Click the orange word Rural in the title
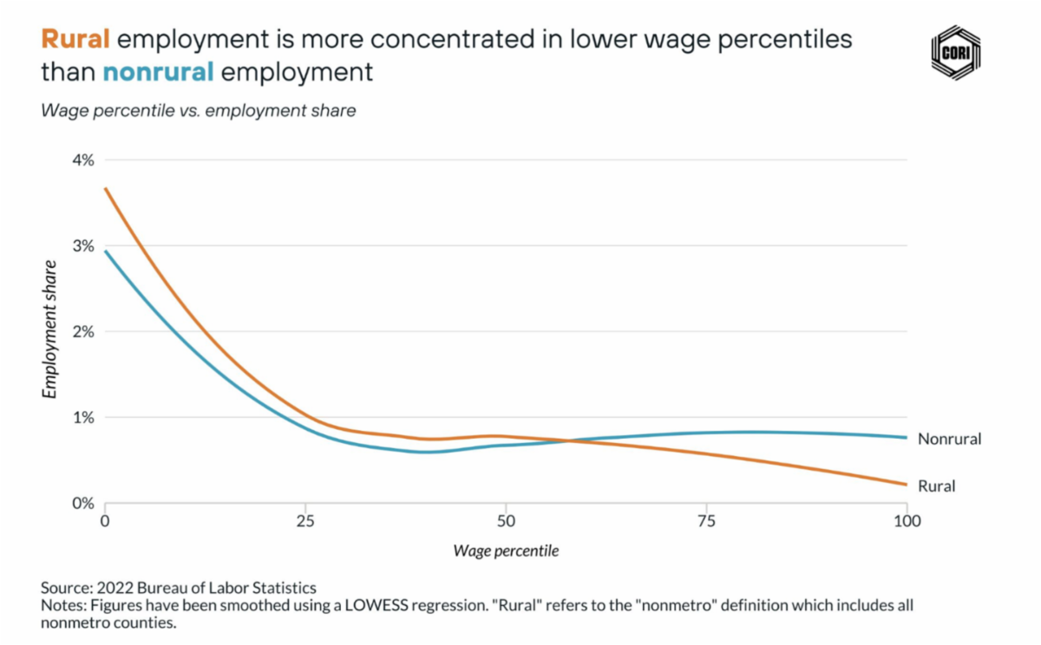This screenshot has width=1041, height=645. (x=75, y=39)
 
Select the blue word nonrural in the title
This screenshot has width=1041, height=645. (x=158, y=71)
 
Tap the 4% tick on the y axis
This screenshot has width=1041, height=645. (x=82, y=160)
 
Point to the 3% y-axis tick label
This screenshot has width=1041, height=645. (x=82, y=246)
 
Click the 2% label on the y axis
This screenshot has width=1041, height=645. (x=82, y=332)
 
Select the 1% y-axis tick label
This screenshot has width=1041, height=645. (x=82, y=418)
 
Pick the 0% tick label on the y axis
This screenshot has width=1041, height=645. (x=82, y=504)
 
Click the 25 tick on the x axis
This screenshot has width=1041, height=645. (x=305, y=522)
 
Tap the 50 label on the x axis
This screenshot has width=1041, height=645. (x=506, y=522)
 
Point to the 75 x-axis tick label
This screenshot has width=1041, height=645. (x=706, y=522)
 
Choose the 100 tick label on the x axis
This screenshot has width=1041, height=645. (x=907, y=522)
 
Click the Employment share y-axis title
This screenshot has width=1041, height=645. (x=50, y=329)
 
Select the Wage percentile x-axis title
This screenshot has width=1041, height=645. (x=506, y=551)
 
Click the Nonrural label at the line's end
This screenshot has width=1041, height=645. (x=949, y=439)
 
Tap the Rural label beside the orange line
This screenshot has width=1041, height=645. (x=936, y=486)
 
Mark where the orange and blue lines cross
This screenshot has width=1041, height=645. (x=570, y=441)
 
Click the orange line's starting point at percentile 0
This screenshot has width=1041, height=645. (x=105, y=188)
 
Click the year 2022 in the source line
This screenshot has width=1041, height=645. (x=118, y=589)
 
